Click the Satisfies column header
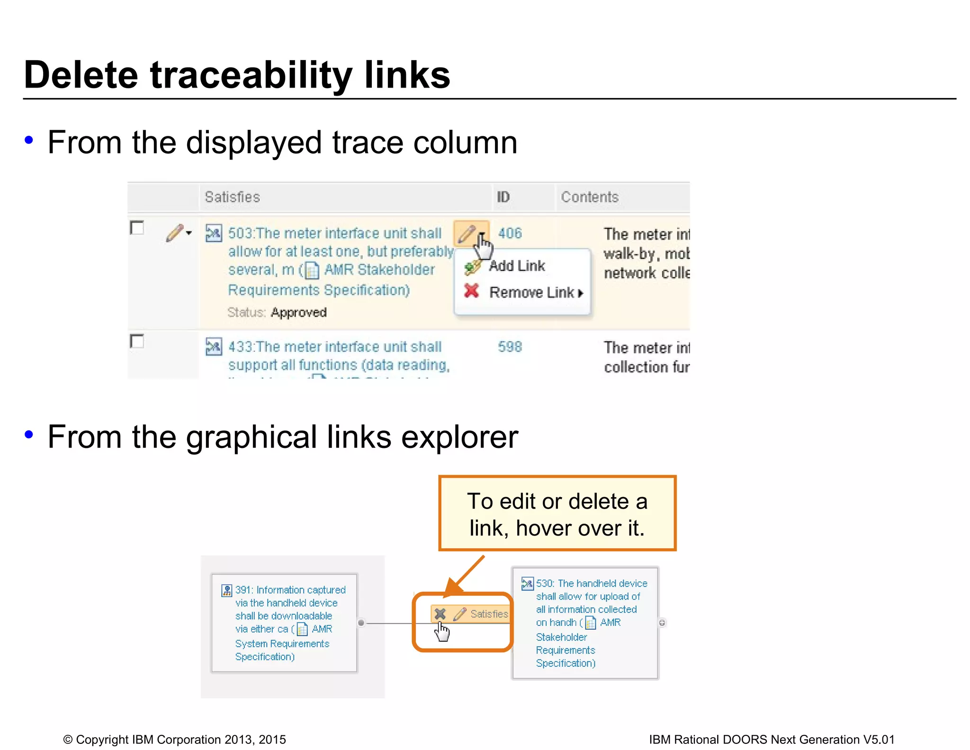point(232,197)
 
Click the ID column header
point(503,197)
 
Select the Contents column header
point(590,197)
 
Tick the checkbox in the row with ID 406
point(137,228)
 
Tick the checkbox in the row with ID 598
point(137,341)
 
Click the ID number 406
point(510,233)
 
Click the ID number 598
point(510,347)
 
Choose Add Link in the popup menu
point(517,266)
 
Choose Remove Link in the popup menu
point(532,293)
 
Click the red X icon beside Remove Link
point(471,291)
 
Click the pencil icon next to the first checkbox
point(174,233)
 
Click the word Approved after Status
point(299,312)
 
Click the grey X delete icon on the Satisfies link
point(440,614)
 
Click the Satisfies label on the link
point(489,614)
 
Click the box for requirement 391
point(284,623)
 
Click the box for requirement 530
point(585,623)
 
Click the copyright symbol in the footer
point(68,740)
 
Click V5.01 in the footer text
point(879,740)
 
